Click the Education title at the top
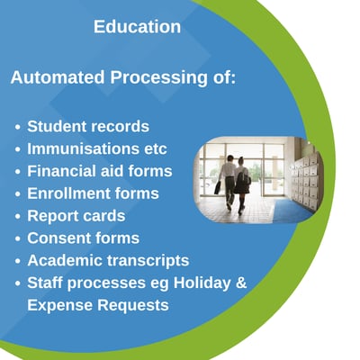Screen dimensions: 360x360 [x=137, y=27]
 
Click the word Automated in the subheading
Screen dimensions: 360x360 [x=58, y=78]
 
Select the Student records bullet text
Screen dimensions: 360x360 [x=88, y=126]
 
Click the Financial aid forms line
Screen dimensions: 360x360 [x=99, y=171]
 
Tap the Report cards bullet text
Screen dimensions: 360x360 [x=76, y=216]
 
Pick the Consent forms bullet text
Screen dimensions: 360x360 [x=83, y=238]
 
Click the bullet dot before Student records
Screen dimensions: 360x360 [x=17, y=127]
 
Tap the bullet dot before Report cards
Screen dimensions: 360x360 [x=17, y=217]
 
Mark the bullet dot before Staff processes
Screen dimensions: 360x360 [x=17, y=284]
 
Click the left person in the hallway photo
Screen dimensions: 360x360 [x=228, y=179]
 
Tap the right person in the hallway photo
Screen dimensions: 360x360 [x=242, y=184]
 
